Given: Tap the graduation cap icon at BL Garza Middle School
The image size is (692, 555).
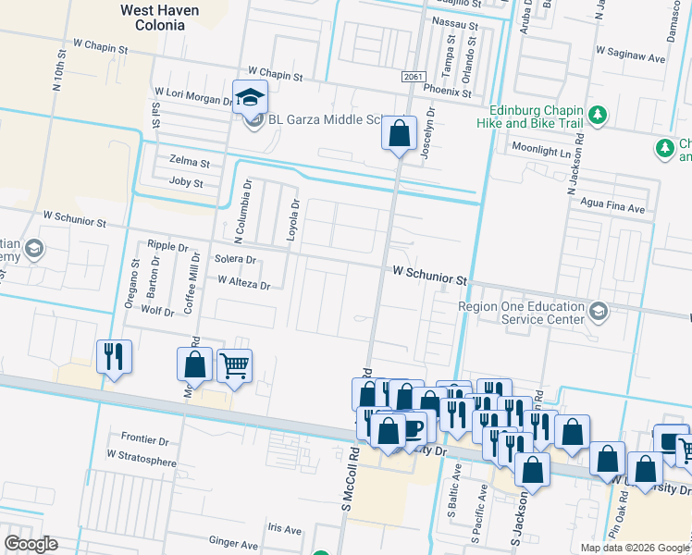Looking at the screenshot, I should click(x=250, y=95).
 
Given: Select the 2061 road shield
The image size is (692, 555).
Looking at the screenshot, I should click(x=414, y=77).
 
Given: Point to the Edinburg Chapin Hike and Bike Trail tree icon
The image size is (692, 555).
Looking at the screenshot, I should click(x=599, y=114).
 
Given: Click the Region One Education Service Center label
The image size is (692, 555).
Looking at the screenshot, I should click(x=522, y=313).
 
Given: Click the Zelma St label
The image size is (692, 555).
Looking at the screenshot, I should click(x=190, y=162).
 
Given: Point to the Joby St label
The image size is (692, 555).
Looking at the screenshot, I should click(x=186, y=182).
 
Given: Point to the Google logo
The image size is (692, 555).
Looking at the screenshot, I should click(x=31, y=544).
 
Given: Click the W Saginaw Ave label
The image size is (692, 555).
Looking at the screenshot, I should click(x=632, y=57).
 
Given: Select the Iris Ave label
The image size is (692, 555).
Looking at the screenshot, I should click(x=284, y=529).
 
